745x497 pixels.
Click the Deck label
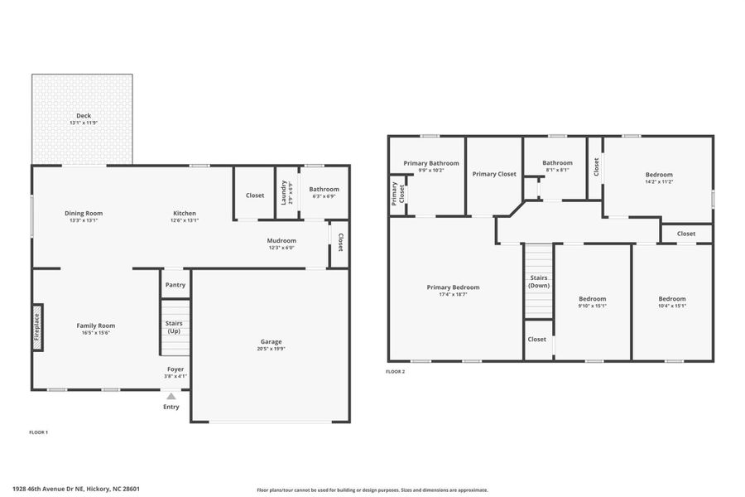click(x=84, y=116)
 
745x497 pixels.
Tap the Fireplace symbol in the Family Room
click(x=37, y=326)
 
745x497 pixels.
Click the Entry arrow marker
click(x=171, y=397)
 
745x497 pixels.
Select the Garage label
click(x=272, y=341)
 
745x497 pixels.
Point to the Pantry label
click(x=175, y=285)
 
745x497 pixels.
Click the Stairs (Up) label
click(x=175, y=327)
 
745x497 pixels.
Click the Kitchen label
click(x=185, y=213)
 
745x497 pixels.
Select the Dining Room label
click(x=84, y=213)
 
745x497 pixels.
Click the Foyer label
click(x=175, y=369)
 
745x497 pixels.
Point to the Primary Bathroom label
click(x=425, y=163)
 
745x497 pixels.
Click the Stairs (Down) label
click(x=539, y=281)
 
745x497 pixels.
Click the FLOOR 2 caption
click(x=396, y=372)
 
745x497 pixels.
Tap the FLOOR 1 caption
click(x=39, y=432)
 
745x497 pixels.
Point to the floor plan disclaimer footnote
click(x=372, y=490)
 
